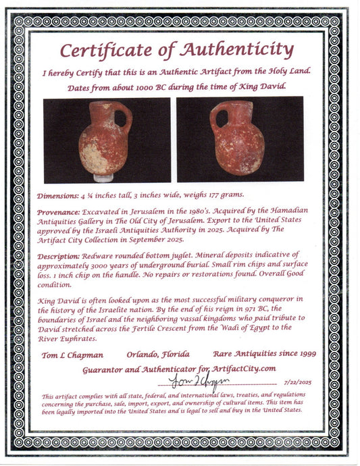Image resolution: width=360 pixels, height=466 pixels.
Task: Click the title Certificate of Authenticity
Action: (176, 50)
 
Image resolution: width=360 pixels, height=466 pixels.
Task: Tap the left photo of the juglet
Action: (107, 140)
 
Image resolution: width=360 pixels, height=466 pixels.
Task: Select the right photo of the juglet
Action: (240, 139)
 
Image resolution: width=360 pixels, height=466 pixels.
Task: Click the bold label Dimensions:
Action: (64, 195)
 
